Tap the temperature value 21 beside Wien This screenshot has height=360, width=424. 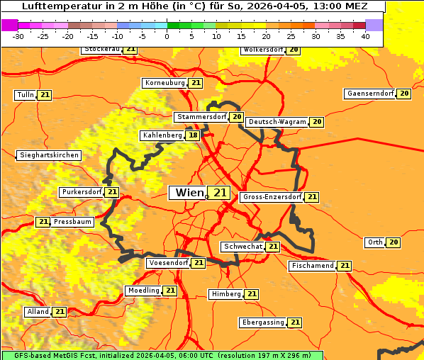click(220, 193)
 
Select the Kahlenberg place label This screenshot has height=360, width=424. click(162, 135)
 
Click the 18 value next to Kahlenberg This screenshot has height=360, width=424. click(193, 135)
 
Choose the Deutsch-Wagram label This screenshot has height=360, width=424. click(277, 122)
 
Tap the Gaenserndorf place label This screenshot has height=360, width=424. click(369, 94)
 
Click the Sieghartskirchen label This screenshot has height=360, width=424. click(48, 155)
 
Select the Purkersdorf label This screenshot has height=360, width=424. click(81, 192)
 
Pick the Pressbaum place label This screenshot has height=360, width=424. click(72, 222)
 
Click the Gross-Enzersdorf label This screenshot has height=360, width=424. click(272, 197)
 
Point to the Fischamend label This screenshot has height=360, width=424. click(311, 266)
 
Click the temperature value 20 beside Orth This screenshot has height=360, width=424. click(394, 242)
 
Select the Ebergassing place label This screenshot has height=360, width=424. click(262, 322)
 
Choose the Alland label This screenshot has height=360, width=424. click(38, 312)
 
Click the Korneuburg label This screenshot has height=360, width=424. click(164, 83)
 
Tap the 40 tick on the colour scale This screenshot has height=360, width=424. click(365, 36)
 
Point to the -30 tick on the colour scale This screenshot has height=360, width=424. click(18, 36)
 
